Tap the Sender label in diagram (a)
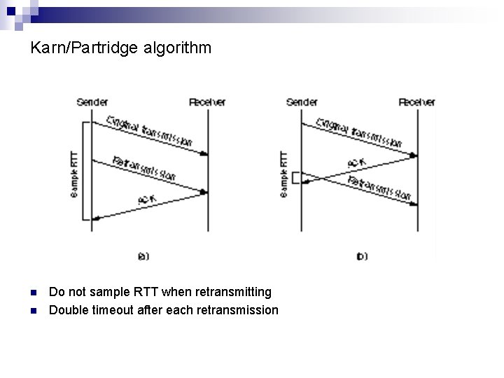pyautogui.click(x=92, y=102)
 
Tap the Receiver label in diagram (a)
pyautogui.click(x=207, y=102)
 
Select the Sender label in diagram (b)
pyautogui.click(x=302, y=102)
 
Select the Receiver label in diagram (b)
pyautogui.click(x=417, y=102)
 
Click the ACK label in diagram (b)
pyautogui.click(x=355, y=163)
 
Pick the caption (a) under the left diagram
pyautogui.click(x=143, y=257)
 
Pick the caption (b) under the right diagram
pyautogui.click(x=362, y=257)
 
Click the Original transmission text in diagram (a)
pyautogui.click(x=149, y=131)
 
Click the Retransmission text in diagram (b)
pyautogui.click(x=379, y=187)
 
